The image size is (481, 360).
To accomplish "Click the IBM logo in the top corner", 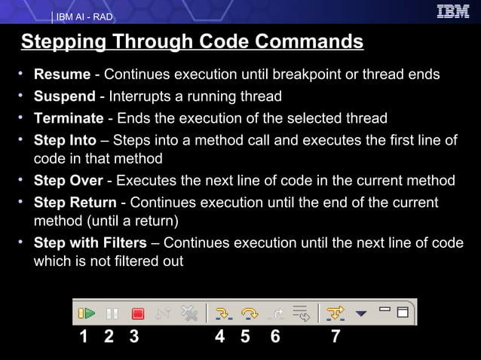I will [x=452, y=11].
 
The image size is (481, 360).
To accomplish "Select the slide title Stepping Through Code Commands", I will [x=192, y=41].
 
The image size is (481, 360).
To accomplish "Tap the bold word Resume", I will [x=62, y=75].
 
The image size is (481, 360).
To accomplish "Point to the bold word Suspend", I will [x=65, y=97].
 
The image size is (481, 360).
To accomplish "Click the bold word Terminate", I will [x=69, y=118].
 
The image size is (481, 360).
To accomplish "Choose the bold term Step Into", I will [x=65, y=141].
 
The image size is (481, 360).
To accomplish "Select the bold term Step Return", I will [x=75, y=203].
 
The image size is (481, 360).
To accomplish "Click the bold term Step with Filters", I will [x=90, y=243].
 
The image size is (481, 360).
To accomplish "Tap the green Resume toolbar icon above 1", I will [x=87, y=313].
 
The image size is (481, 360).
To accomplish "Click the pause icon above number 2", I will [x=112, y=313].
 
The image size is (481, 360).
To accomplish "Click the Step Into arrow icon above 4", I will [x=222, y=313].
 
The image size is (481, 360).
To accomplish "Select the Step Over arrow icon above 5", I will [x=247, y=313].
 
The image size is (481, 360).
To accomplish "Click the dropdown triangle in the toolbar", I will [x=360, y=313].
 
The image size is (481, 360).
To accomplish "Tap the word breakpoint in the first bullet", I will [x=332, y=75].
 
